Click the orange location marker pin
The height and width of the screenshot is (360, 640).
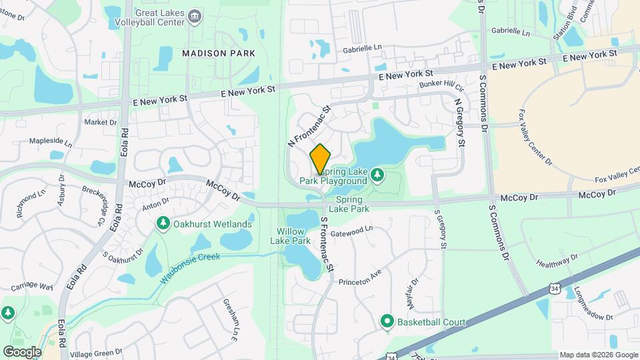321,159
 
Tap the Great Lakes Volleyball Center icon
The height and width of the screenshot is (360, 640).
195,16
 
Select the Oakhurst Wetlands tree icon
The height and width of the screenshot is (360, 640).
162,224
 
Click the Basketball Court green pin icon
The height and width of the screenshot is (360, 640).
387,323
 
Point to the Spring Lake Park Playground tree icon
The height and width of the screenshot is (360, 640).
377,175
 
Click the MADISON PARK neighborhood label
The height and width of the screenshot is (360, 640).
211,52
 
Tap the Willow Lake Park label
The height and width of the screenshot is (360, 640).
294,236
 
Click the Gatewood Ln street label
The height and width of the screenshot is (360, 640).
351,231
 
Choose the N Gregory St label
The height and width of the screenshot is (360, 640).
460,123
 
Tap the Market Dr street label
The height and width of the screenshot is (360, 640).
101,123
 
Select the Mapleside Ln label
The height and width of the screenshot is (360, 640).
51,142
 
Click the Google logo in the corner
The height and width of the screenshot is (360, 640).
21,351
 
